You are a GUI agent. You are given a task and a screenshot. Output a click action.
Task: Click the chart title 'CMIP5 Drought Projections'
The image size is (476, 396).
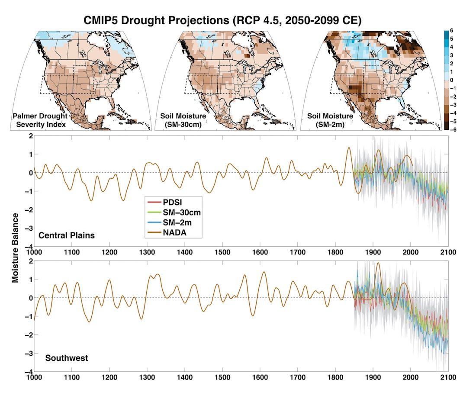tap(156, 20)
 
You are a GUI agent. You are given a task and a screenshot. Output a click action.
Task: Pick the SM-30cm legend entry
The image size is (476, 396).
tap(174, 212)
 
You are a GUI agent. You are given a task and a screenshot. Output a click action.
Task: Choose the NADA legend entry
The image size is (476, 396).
tap(167, 232)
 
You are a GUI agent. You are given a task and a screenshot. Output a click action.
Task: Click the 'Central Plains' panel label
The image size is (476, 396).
tap(67, 235)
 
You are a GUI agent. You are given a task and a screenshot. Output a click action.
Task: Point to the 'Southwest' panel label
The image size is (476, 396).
tap(67, 358)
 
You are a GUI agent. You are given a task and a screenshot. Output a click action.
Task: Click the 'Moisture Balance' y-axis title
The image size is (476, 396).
tap(15, 248)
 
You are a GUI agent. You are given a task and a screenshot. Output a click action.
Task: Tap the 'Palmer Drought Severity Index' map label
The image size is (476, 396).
tap(40, 120)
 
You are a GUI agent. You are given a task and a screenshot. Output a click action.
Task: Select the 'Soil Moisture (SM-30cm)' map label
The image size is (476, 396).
tap(183, 120)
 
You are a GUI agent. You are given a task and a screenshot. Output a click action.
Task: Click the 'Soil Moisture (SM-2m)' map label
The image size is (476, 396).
tap(330, 120)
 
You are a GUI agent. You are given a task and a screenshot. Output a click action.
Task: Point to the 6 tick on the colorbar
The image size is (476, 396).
tap(451, 31)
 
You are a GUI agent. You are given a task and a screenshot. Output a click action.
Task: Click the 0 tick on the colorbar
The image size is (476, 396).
tap(451, 80)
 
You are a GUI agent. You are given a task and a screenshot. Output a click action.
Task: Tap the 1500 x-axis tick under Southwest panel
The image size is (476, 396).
tap(222, 377)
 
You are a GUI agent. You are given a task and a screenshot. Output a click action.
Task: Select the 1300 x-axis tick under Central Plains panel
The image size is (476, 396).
tap(147, 252)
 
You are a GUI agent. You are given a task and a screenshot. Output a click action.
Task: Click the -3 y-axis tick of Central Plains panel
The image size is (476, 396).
tap(29, 229)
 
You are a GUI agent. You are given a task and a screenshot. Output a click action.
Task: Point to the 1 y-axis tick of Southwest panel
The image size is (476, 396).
tap(31, 280)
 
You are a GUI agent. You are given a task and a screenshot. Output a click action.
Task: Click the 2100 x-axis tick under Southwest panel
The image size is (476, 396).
tap(448, 377)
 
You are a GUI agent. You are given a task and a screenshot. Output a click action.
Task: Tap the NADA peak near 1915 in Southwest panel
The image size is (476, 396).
tap(378, 263)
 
